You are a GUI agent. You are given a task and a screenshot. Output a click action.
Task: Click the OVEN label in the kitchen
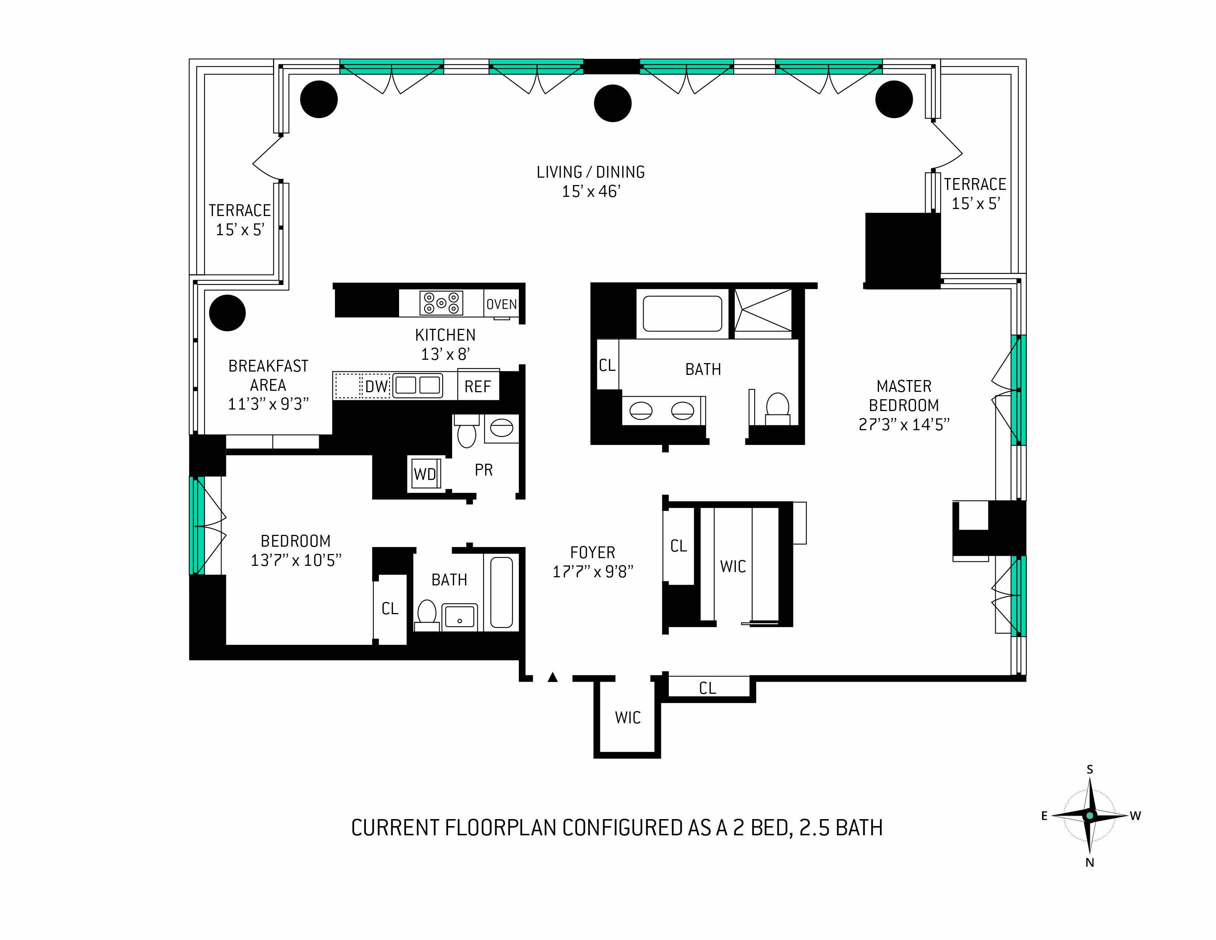tap(502, 304)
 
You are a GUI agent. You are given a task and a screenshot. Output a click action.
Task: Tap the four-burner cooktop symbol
tap(441, 303)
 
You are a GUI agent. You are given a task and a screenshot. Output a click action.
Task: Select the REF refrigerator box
tap(478, 385)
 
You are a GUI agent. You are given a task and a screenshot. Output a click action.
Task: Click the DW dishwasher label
tap(376, 386)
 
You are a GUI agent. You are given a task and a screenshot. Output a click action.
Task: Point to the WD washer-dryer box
tap(425, 474)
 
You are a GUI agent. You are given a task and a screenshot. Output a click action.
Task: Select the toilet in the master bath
tap(777, 408)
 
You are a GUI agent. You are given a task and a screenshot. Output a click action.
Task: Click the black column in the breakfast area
tap(227, 313)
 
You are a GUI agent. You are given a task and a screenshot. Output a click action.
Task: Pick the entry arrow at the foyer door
tap(552, 677)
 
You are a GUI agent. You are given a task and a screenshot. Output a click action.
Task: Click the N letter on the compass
tap(1090, 863)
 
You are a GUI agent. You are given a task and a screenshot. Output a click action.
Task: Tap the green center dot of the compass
tap(1090, 816)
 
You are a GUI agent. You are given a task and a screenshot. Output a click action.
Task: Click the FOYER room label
tap(593, 553)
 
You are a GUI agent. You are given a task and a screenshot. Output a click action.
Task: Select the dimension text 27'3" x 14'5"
tap(904, 424)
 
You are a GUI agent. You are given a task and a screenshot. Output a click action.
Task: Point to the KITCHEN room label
tap(445, 335)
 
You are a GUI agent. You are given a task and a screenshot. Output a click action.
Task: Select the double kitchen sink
tap(417, 385)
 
